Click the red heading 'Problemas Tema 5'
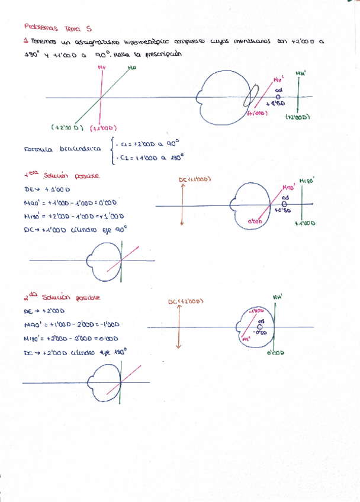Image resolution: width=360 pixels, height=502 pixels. (x=57, y=28)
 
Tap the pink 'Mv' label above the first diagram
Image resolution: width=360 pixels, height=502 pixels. (x=102, y=67)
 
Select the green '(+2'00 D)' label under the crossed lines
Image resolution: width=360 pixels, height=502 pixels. (x=69, y=127)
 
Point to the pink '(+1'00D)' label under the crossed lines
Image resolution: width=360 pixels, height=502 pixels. (x=104, y=128)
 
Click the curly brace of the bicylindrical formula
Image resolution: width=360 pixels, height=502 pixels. (x=112, y=150)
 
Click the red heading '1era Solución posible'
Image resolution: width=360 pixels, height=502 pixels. (x=62, y=176)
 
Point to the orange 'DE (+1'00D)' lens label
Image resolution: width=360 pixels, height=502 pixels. (x=194, y=179)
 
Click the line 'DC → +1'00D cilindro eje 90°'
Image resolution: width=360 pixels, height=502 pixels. (x=76, y=231)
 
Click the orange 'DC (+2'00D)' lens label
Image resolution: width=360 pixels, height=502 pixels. (x=185, y=302)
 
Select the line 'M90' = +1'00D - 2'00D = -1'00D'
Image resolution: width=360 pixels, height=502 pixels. (x=72, y=324)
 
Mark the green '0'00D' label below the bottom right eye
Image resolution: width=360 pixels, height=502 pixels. (x=275, y=353)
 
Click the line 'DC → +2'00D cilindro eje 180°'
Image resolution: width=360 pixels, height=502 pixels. (x=75, y=352)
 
